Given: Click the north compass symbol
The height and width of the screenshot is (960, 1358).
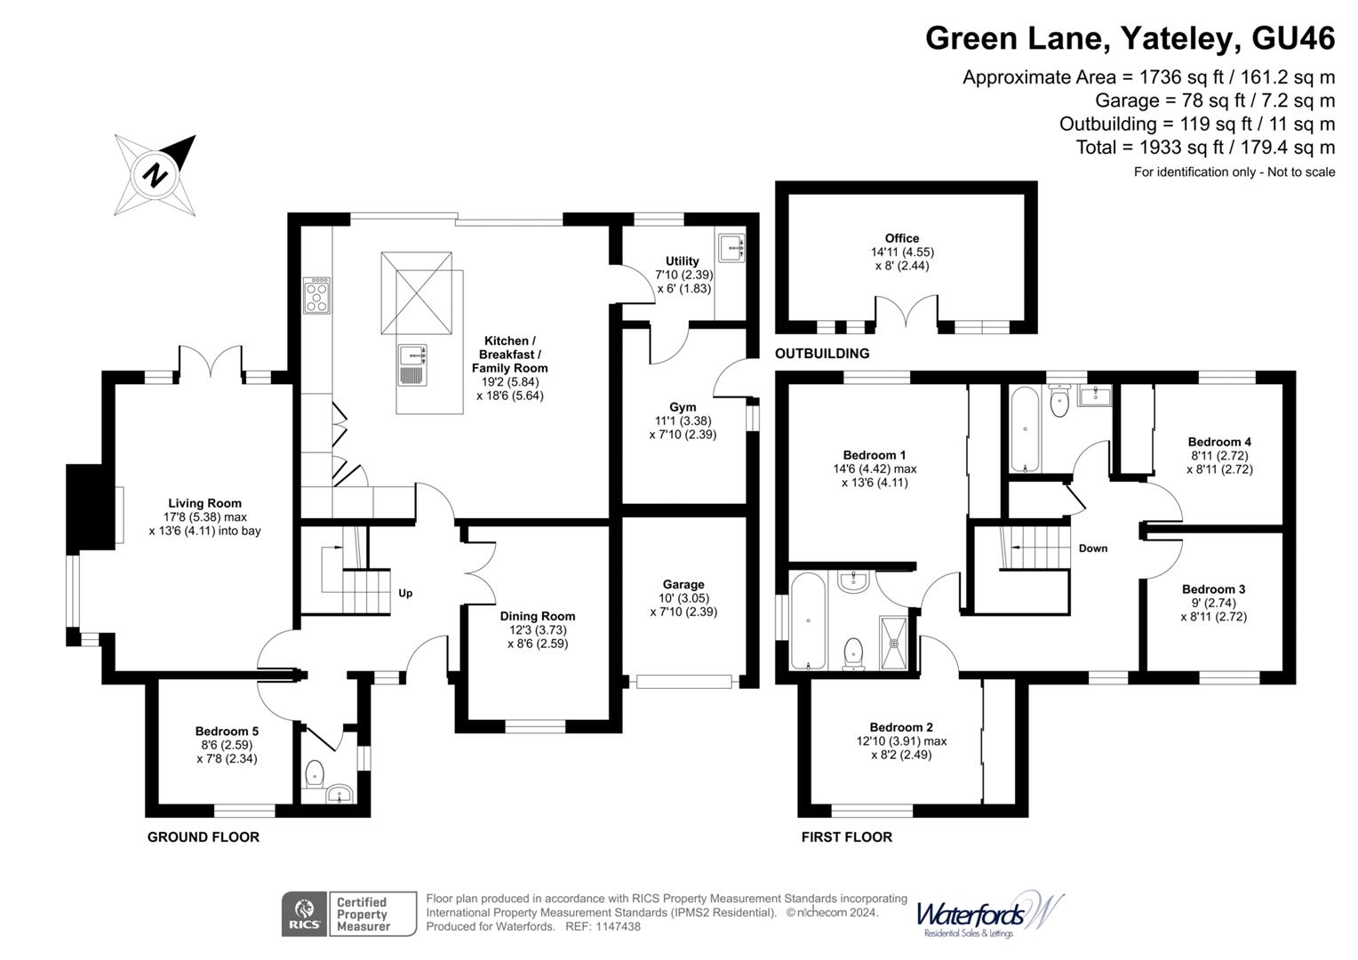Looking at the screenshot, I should pyautogui.click(x=156, y=174).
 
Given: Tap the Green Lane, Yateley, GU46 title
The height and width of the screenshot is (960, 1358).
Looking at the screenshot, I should pyautogui.click(x=1130, y=39).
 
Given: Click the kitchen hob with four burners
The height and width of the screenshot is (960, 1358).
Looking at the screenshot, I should pyautogui.click(x=317, y=295).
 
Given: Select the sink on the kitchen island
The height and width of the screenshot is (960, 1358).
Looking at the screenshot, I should pyautogui.click(x=412, y=355).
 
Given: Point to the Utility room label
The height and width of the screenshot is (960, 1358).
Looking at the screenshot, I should pyautogui.click(x=683, y=260).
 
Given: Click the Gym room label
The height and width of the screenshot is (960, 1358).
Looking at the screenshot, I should pyautogui.click(x=683, y=407).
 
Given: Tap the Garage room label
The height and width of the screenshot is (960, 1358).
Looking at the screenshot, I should pyautogui.click(x=683, y=584).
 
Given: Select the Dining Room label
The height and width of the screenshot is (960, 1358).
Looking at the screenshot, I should pyautogui.click(x=537, y=616).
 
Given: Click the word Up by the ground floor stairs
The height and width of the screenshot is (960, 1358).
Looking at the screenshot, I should pyautogui.click(x=405, y=593).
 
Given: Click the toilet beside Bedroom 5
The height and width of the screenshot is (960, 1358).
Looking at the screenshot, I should pyautogui.click(x=313, y=775).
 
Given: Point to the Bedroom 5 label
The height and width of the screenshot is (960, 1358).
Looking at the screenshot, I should pyautogui.click(x=227, y=732).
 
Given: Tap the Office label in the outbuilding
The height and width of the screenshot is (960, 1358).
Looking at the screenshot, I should pyautogui.click(x=901, y=238).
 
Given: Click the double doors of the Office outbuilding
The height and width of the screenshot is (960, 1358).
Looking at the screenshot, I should pyautogui.click(x=907, y=315).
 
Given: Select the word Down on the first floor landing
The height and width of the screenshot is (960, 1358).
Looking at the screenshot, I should pyautogui.click(x=1092, y=548).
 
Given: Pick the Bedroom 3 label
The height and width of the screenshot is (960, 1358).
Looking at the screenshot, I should pyautogui.click(x=1213, y=589).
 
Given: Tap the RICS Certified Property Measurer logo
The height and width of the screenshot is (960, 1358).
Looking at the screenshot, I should pyautogui.click(x=348, y=914).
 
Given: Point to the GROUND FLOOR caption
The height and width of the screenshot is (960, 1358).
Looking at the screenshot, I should pyautogui.click(x=203, y=836).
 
